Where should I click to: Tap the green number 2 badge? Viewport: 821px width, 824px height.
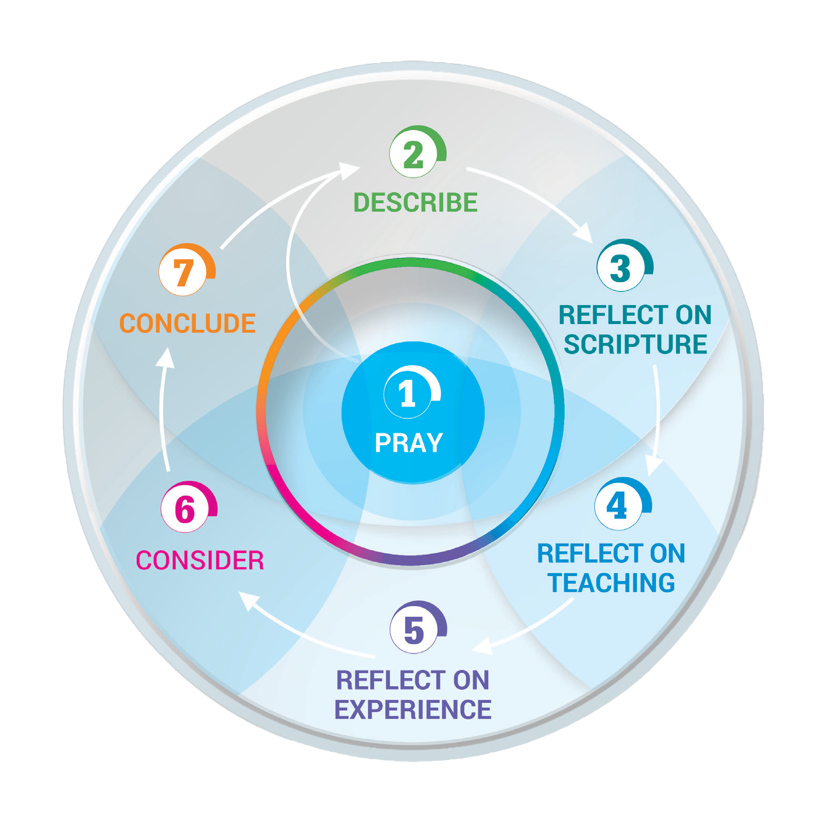point(414,154)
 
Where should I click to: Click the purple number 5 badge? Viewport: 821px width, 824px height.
point(414,630)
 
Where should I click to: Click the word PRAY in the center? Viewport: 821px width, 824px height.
point(409,443)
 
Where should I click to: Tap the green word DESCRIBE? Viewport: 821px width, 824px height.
point(415,203)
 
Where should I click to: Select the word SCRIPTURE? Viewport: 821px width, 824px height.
point(635,344)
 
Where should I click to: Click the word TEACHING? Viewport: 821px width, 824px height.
point(611,583)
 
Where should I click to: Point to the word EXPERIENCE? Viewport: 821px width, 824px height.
point(413,709)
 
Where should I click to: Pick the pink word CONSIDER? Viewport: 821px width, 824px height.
point(200,560)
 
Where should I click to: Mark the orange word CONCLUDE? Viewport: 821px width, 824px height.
point(187,323)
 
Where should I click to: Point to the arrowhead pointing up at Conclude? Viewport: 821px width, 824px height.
point(166,358)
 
